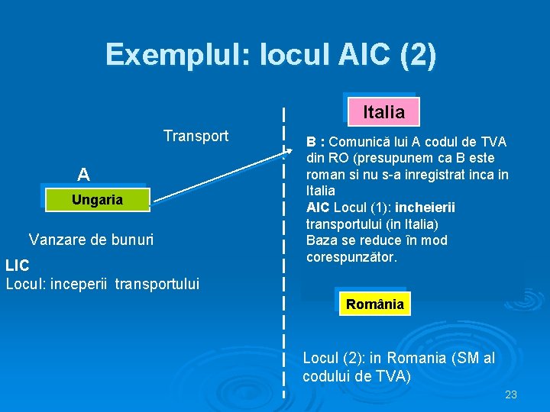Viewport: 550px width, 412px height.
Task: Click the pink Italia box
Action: pos(383,112)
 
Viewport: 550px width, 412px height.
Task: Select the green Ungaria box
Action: pos(96,200)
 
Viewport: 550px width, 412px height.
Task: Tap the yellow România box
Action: pos(374,304)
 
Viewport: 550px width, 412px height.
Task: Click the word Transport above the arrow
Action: pos(196,136)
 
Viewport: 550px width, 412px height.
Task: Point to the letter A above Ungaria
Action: pos(83,175)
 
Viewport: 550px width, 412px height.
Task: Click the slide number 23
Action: pos(511,394)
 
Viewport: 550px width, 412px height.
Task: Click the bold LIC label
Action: pos(18,266)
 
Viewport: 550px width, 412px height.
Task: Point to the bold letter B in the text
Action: pos(311,142)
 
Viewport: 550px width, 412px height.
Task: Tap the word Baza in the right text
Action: pos(321,240)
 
